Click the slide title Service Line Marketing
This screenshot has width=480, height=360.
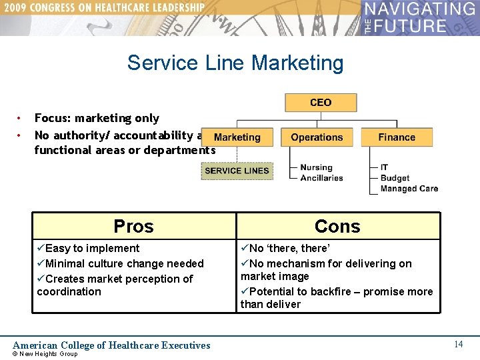[x=235, y=63]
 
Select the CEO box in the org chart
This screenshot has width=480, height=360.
[x=321, y=103]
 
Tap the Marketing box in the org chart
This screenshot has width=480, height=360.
[x=237, y=137]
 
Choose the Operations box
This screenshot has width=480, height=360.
[x=317, y=137]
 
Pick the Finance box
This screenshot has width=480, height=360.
[x=397, y=137]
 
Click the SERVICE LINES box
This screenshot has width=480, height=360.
[x=237, y=171]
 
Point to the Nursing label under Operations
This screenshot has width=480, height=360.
[x=316, y=167]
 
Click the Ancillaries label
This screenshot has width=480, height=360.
[x=321, y=178]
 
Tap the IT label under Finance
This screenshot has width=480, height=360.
[x=384, y=167]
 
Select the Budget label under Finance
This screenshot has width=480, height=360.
[x=395, y=178]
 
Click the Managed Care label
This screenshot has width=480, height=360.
[x=409, y=189]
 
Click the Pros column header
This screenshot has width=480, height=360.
[x=133, y=226]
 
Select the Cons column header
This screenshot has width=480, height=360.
[x=337, y=226]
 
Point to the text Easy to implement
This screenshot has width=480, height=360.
[x=89, y=248]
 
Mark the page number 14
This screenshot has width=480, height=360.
[x=458, y=344]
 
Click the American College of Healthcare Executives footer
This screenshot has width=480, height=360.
[x=111, y=345]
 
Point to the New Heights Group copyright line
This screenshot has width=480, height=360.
[x=45, y=354]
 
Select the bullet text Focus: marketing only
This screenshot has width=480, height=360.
[x=97, y=118]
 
